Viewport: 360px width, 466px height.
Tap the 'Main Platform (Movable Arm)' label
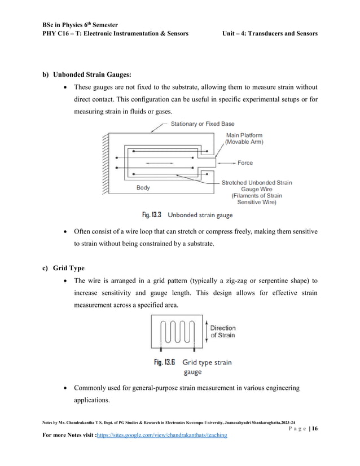[248, 139]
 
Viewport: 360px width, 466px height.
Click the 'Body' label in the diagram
[143, 187]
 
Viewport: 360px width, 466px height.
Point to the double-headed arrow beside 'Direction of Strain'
[204, 331]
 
